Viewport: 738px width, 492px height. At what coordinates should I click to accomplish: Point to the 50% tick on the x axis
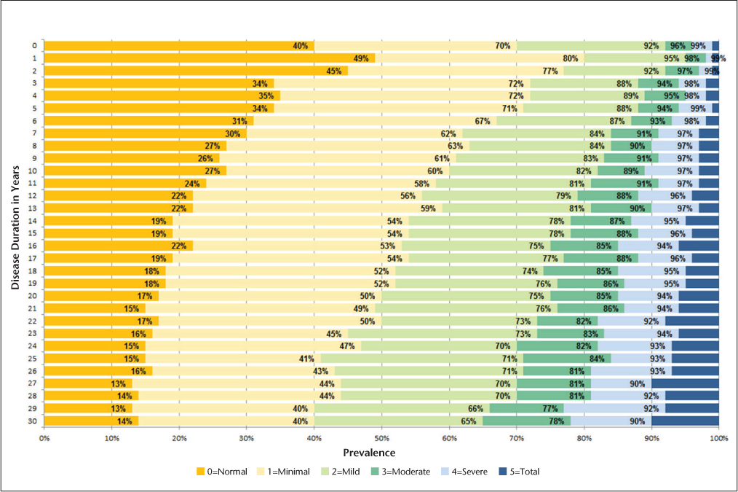pos(382,437)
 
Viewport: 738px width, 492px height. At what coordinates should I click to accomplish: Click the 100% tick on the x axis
pos(718,437)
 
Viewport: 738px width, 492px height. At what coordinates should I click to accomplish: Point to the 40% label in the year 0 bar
pos(300,46)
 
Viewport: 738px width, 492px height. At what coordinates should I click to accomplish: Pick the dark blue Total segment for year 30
pos(686,421)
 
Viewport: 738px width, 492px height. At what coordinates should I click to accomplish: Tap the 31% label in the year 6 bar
pos(239,121)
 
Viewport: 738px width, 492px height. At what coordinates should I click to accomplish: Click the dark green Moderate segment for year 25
pos(567,359)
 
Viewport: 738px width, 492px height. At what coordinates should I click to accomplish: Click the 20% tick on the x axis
pos(179,437)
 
